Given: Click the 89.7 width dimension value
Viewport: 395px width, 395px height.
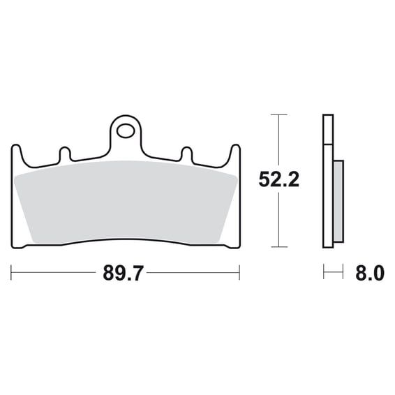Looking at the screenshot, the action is pyautogui.click(x=124, y=273).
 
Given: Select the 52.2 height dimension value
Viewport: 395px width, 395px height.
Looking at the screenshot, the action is pyautogui.click(x=279, y=179).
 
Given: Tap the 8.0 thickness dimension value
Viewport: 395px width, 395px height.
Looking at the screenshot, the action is pyautogui.click(x=370, y=273).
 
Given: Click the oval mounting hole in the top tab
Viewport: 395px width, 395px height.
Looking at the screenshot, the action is pyautogui.click(x=125, y=131).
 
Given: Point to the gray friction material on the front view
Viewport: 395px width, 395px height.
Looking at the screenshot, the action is pyautogui.click(x=126, y=202).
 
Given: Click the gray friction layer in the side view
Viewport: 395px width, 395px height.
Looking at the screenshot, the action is pyautogui.click(x=338, y=201).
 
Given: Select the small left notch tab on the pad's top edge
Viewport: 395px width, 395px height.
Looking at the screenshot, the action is pyautogui.click(x=65, y=154).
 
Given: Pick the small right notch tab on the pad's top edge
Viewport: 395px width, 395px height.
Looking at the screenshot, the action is pyautogui.click(x=186, y=154).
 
